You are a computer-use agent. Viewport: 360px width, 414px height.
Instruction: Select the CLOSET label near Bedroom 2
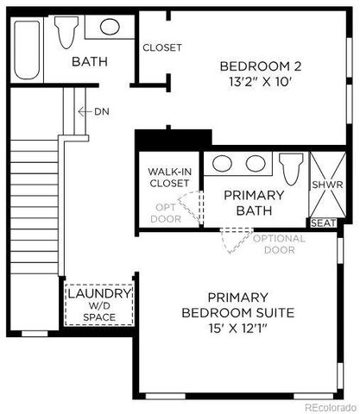161,47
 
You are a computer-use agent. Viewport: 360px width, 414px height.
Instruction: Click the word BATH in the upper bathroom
88,61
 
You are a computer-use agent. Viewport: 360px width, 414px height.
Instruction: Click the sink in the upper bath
110,27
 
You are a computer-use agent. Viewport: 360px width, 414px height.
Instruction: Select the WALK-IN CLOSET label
169,178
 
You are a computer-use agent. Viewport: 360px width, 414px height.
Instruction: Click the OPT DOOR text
167,212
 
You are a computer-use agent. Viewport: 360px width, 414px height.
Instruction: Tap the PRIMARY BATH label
253,202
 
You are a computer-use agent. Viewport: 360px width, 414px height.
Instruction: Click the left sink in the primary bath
223,163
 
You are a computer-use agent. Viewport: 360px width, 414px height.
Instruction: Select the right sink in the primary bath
255,163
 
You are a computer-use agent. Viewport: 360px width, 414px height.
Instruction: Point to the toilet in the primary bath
291,166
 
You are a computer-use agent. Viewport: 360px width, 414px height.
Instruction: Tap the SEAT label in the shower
322,223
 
